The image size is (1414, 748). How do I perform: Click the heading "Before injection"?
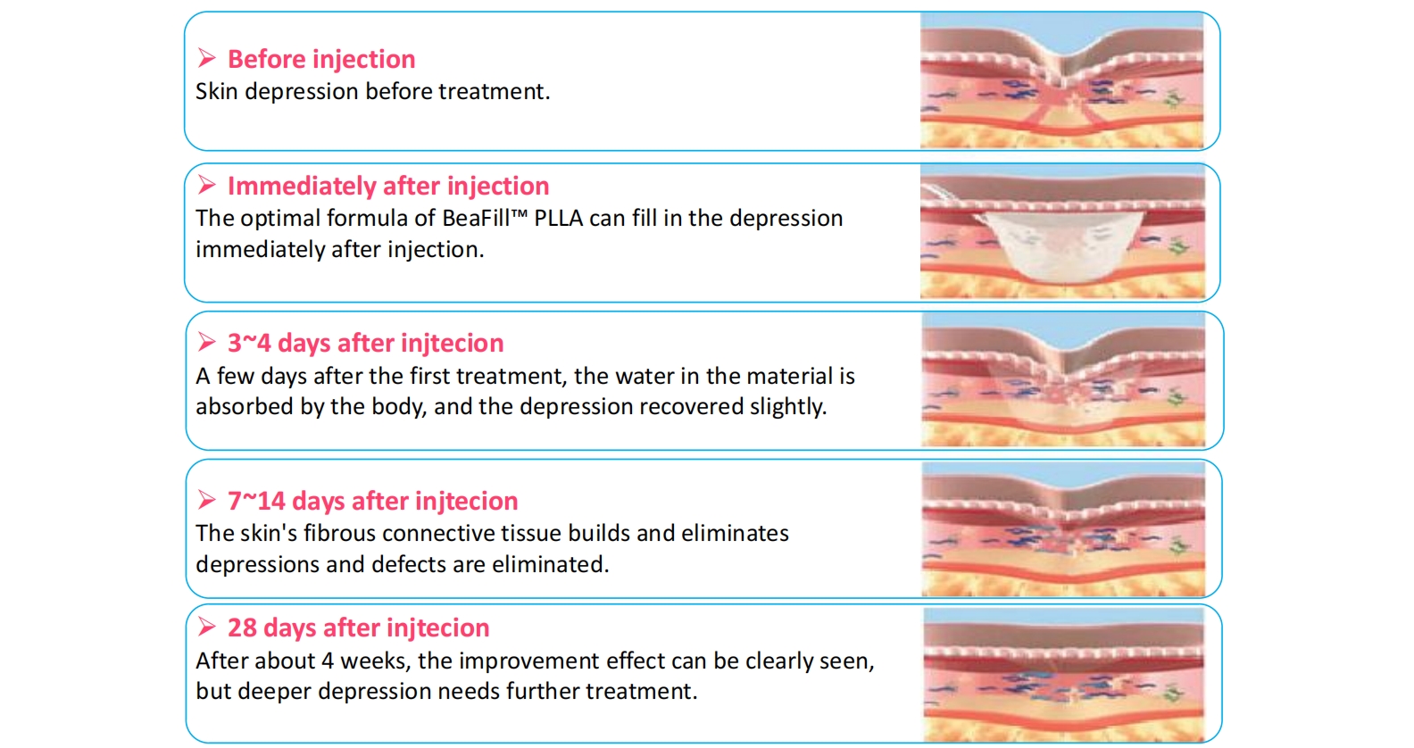coord(321,59)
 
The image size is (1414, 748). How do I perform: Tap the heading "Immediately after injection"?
coord(388,187)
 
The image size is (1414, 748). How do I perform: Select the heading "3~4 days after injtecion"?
coord(365,343)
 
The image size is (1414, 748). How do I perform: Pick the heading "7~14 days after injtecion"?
coord(372,501)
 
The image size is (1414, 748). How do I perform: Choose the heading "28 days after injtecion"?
coord(359,628)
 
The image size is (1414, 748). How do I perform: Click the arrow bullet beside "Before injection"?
coord(206,58)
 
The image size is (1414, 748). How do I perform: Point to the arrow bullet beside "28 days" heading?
coord(206,627)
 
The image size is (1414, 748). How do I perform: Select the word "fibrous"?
coord(339,534)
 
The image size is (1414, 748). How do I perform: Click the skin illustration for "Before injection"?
coord(1061,81)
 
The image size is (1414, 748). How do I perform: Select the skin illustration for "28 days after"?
coord(1064,674)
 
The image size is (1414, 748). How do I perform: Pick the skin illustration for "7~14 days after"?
coord(1063,529)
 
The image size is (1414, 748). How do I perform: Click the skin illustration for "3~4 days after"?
coord(1063,380)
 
